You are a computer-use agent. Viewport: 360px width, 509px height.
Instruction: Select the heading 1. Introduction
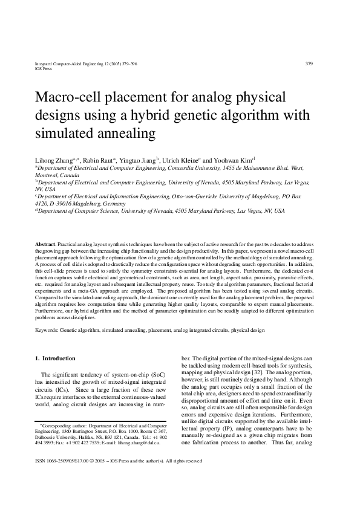click(54, 358)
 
